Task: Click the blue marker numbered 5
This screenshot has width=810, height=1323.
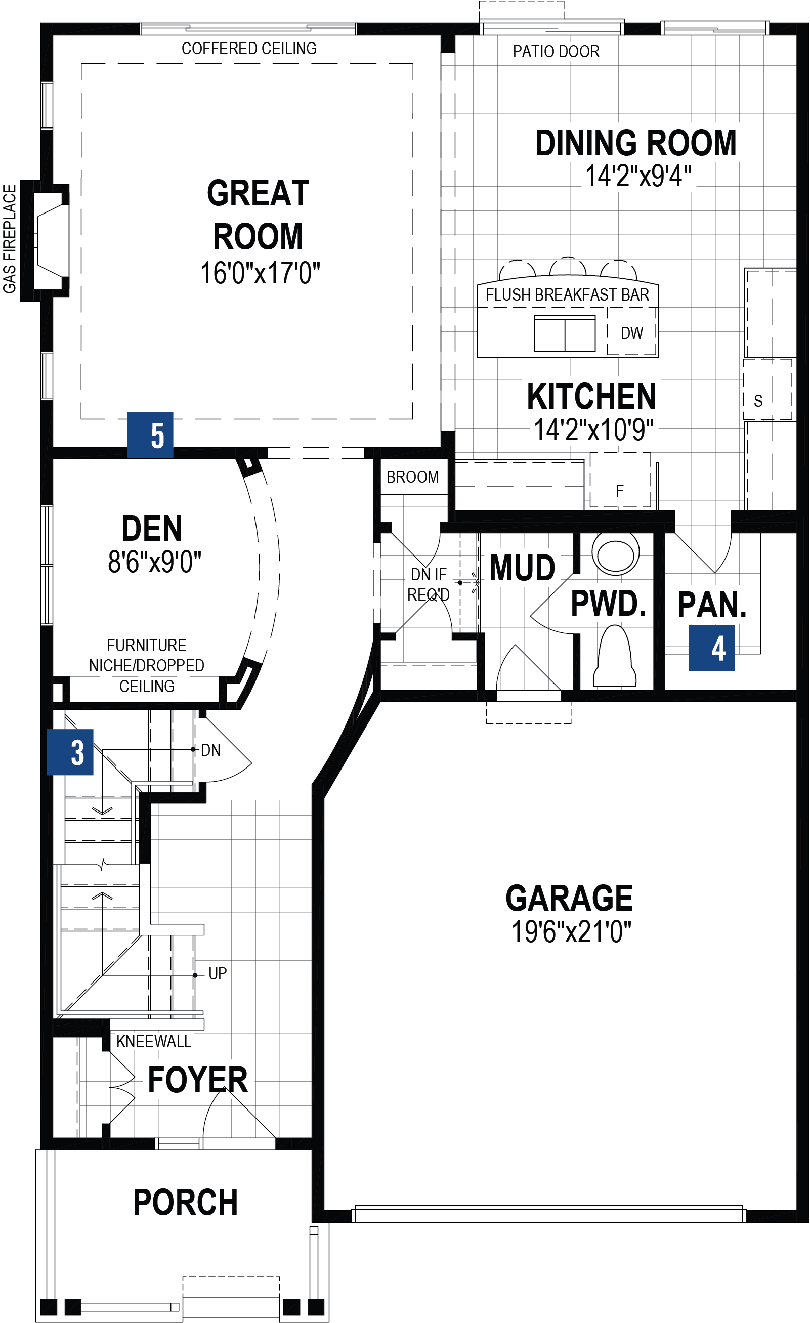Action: click(150, 435)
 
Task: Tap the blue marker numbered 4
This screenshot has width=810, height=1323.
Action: click(711, 648)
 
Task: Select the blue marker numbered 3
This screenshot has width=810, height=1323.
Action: click(70, 752)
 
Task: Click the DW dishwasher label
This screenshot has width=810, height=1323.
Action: click(631, 333)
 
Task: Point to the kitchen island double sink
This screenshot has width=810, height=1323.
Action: click(565, 333)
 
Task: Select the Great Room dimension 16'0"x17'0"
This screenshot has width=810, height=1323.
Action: click(260, 273)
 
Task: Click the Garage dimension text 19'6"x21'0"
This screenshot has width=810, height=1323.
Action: click(571, 932)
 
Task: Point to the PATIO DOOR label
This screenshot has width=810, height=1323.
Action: click(556, 52)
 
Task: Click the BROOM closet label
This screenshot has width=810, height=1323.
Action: click(412, 477)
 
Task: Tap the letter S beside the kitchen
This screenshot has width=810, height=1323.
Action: click(758, 401)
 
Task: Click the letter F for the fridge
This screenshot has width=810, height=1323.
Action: click(619, 491)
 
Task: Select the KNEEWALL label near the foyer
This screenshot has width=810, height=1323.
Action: click(153, 1042)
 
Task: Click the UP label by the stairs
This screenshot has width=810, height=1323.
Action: click(218, 973)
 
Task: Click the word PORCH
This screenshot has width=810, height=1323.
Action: click(185, 1202)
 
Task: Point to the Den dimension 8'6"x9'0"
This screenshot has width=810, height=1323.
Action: click(155, 562)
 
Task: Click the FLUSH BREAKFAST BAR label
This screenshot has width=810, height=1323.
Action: click(567, 295)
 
